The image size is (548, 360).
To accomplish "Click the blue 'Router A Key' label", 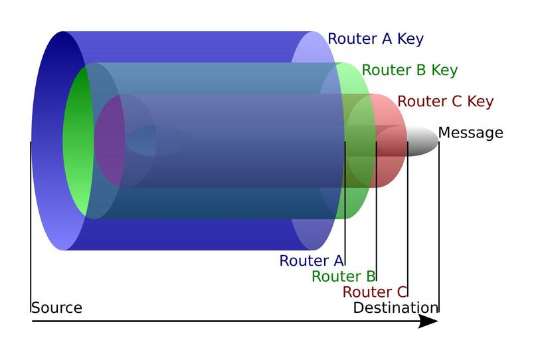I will tap(375, 39).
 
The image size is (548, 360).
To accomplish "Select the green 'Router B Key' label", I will tap(409, 70).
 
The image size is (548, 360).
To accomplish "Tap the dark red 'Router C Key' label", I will tap(445, 102).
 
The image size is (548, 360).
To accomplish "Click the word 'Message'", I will tap(470, 133).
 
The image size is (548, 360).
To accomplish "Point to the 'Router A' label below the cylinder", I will tap(311, 261).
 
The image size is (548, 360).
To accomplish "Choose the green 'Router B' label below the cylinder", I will tap(343, 276).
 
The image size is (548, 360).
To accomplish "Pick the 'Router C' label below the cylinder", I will tap(374, 292).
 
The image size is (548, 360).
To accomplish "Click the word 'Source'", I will tap(56, 308).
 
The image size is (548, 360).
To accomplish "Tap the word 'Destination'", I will tap(395, 308).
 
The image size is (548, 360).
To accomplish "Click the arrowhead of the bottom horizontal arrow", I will tap(428, 321).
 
